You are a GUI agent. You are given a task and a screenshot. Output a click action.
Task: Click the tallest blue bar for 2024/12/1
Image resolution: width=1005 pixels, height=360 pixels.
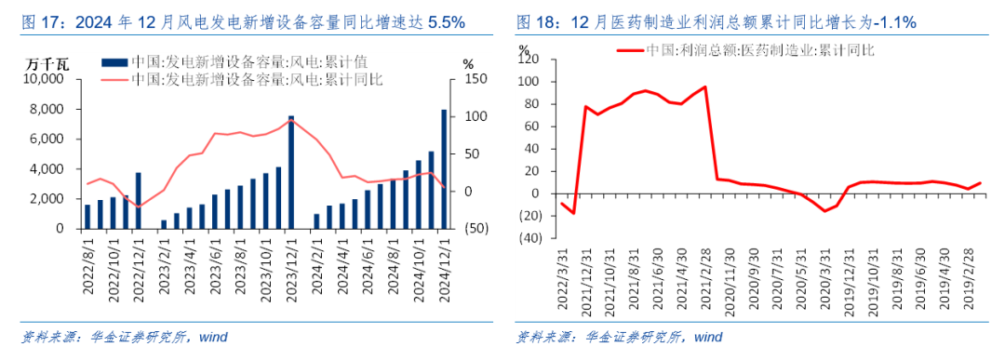(443, 168)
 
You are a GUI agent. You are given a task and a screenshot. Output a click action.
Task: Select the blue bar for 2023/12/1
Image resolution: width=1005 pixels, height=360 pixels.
(291, 172)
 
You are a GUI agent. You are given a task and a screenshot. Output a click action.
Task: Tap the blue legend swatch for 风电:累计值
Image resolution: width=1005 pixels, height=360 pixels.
(114, 62)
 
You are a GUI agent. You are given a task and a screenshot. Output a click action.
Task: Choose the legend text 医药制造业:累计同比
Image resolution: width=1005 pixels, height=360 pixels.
(759, 49)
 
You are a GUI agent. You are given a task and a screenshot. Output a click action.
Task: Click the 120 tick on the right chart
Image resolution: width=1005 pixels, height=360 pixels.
(528, 59)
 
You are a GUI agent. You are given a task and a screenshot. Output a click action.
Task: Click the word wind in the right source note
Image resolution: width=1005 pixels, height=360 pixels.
(708, 337)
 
